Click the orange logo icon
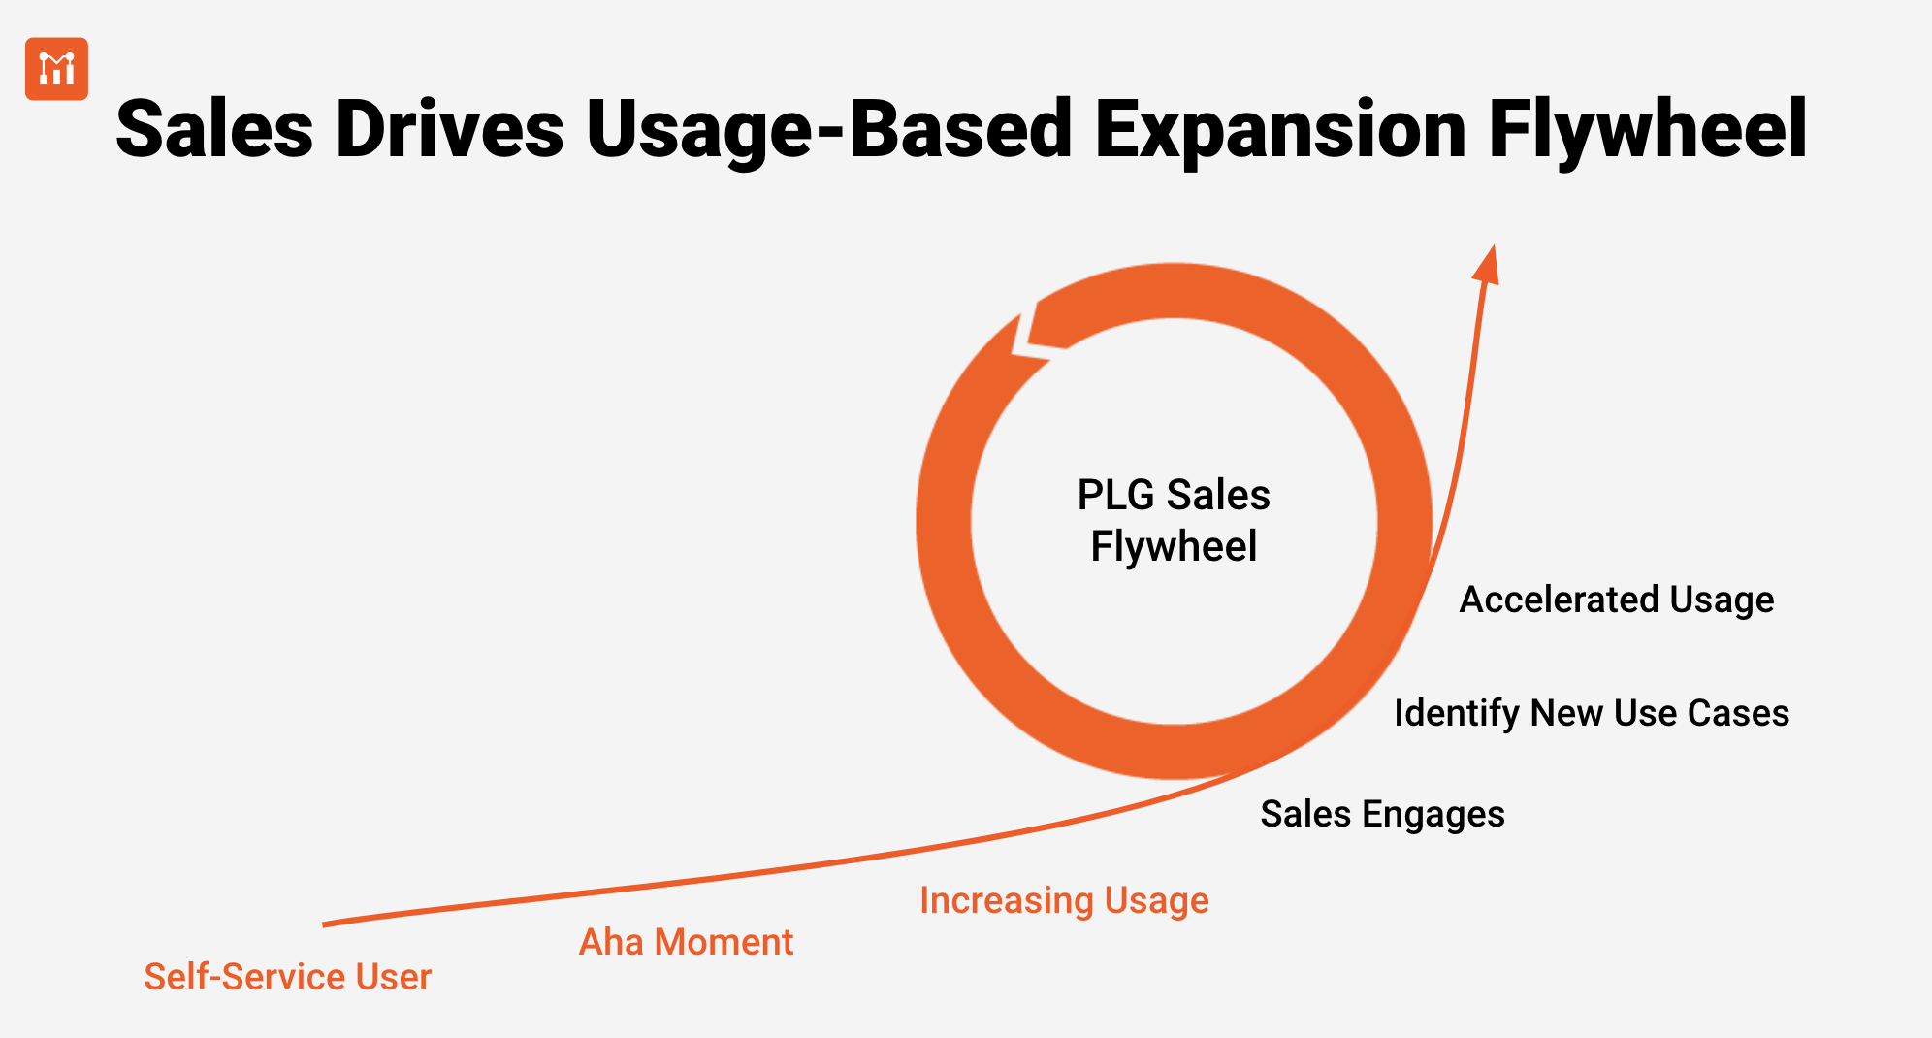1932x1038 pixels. [56, 69]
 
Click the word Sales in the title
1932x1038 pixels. [214, 130]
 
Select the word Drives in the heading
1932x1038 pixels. [449, 130]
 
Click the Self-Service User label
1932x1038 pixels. [287, 977]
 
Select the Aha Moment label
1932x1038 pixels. [686, 942]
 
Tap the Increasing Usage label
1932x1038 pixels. [1064, 901]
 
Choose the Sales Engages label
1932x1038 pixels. [1382, 814]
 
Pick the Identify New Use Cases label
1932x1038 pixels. [1591, 713]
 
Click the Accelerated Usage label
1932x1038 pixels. [1616, 600]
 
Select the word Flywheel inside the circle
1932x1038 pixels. [1174, 546]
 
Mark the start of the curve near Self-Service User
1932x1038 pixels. [326, 924]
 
